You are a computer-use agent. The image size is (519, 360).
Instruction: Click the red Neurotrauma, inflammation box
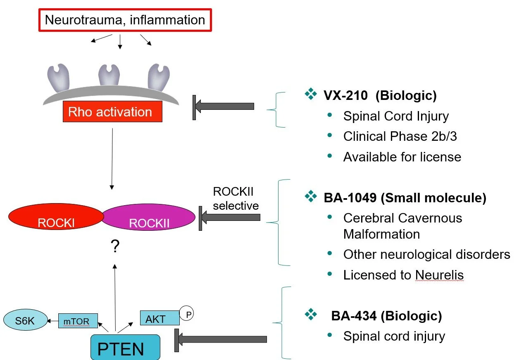(x=125, y=20)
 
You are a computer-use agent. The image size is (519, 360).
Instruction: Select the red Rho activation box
(x=112, y=112)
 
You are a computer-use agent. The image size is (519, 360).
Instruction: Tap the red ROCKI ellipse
(x=56, y=217)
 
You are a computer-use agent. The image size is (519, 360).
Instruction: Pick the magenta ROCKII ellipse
(x=149, y=218)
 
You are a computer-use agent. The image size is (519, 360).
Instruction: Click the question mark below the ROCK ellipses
(x=115, y=246)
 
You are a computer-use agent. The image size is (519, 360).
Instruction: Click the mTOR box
(x=78, y=320)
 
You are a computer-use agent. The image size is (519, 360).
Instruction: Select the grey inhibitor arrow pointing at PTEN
(x=221, y=339)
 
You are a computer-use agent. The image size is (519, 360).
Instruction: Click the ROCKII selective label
(x=236, y=199)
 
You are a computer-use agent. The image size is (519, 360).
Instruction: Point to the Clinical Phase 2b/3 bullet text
(x=400, y=136)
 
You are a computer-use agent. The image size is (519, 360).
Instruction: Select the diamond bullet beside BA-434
(x=310, y=315)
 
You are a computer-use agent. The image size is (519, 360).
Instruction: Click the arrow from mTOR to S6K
(x=52, y=320)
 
